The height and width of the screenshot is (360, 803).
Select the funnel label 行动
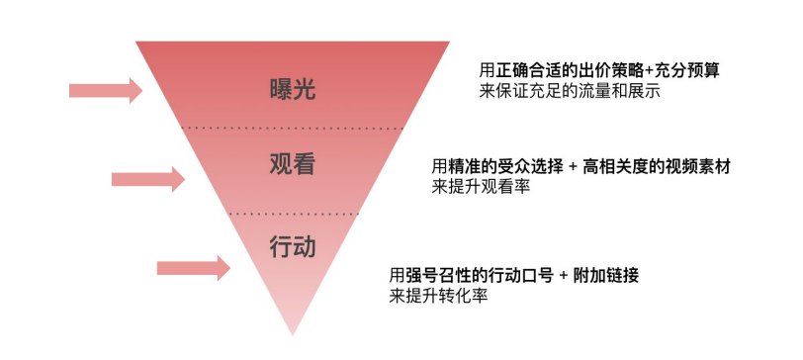tap(293, 245)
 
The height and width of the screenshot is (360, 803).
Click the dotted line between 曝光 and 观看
tap(293, 129)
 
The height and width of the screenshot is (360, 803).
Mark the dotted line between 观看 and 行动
tap(293, 213)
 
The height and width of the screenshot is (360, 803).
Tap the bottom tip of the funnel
tap(293, 331)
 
